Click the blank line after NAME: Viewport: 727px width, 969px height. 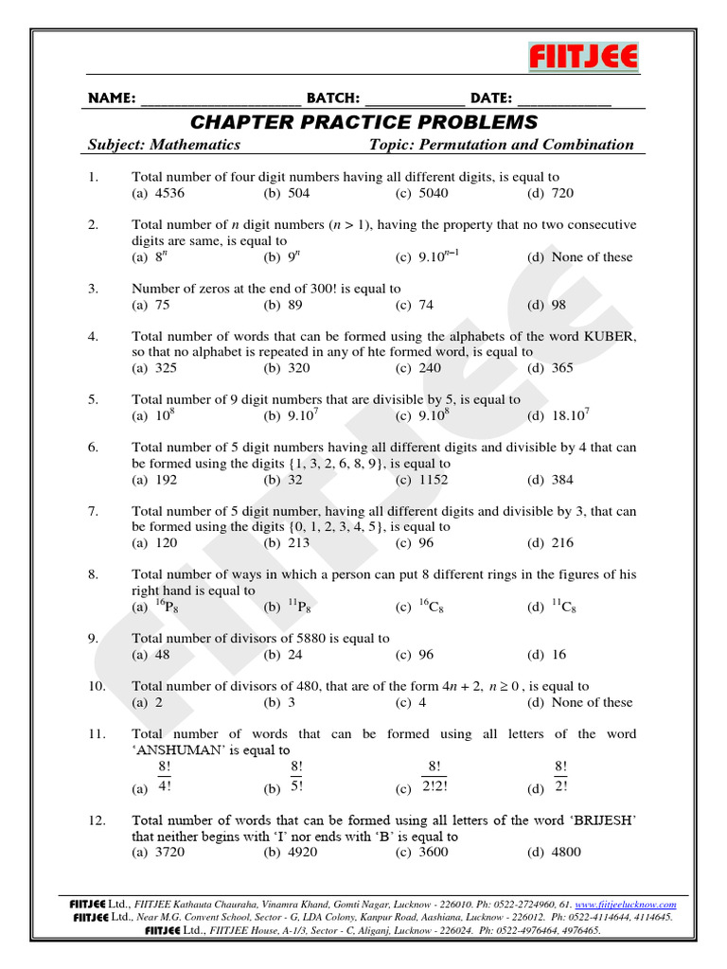pos(221,100)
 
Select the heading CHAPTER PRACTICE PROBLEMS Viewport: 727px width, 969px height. pos(363,122)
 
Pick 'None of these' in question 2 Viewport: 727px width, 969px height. pos(592,257)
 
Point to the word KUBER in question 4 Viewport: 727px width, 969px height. pos(611,336)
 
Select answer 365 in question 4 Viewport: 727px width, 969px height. pos(562,368)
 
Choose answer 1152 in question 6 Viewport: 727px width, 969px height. pos(434,480)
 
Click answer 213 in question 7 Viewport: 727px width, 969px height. pos(298,543)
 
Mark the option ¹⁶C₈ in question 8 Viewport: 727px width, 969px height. pos(431,608)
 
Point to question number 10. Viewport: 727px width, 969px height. pos(97,686)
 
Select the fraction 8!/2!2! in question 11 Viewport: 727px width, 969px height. pos(434,776)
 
